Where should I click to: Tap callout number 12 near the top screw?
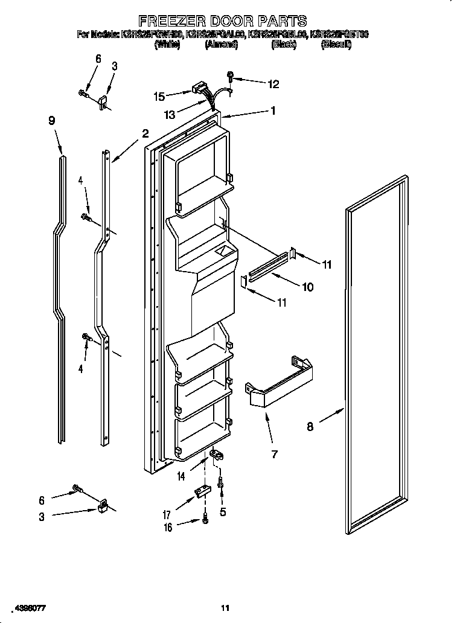[273, 85]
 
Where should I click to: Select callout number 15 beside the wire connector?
[159, 95]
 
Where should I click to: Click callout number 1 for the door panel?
[273, 110]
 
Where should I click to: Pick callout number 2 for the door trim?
[145, 133]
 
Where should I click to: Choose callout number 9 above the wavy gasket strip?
[52, 120]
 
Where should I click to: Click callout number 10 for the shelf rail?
[307, 287]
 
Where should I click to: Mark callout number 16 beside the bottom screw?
[168, 527]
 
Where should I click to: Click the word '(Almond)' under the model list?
[221, 45]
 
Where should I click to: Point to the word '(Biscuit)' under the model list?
[336, 45]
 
